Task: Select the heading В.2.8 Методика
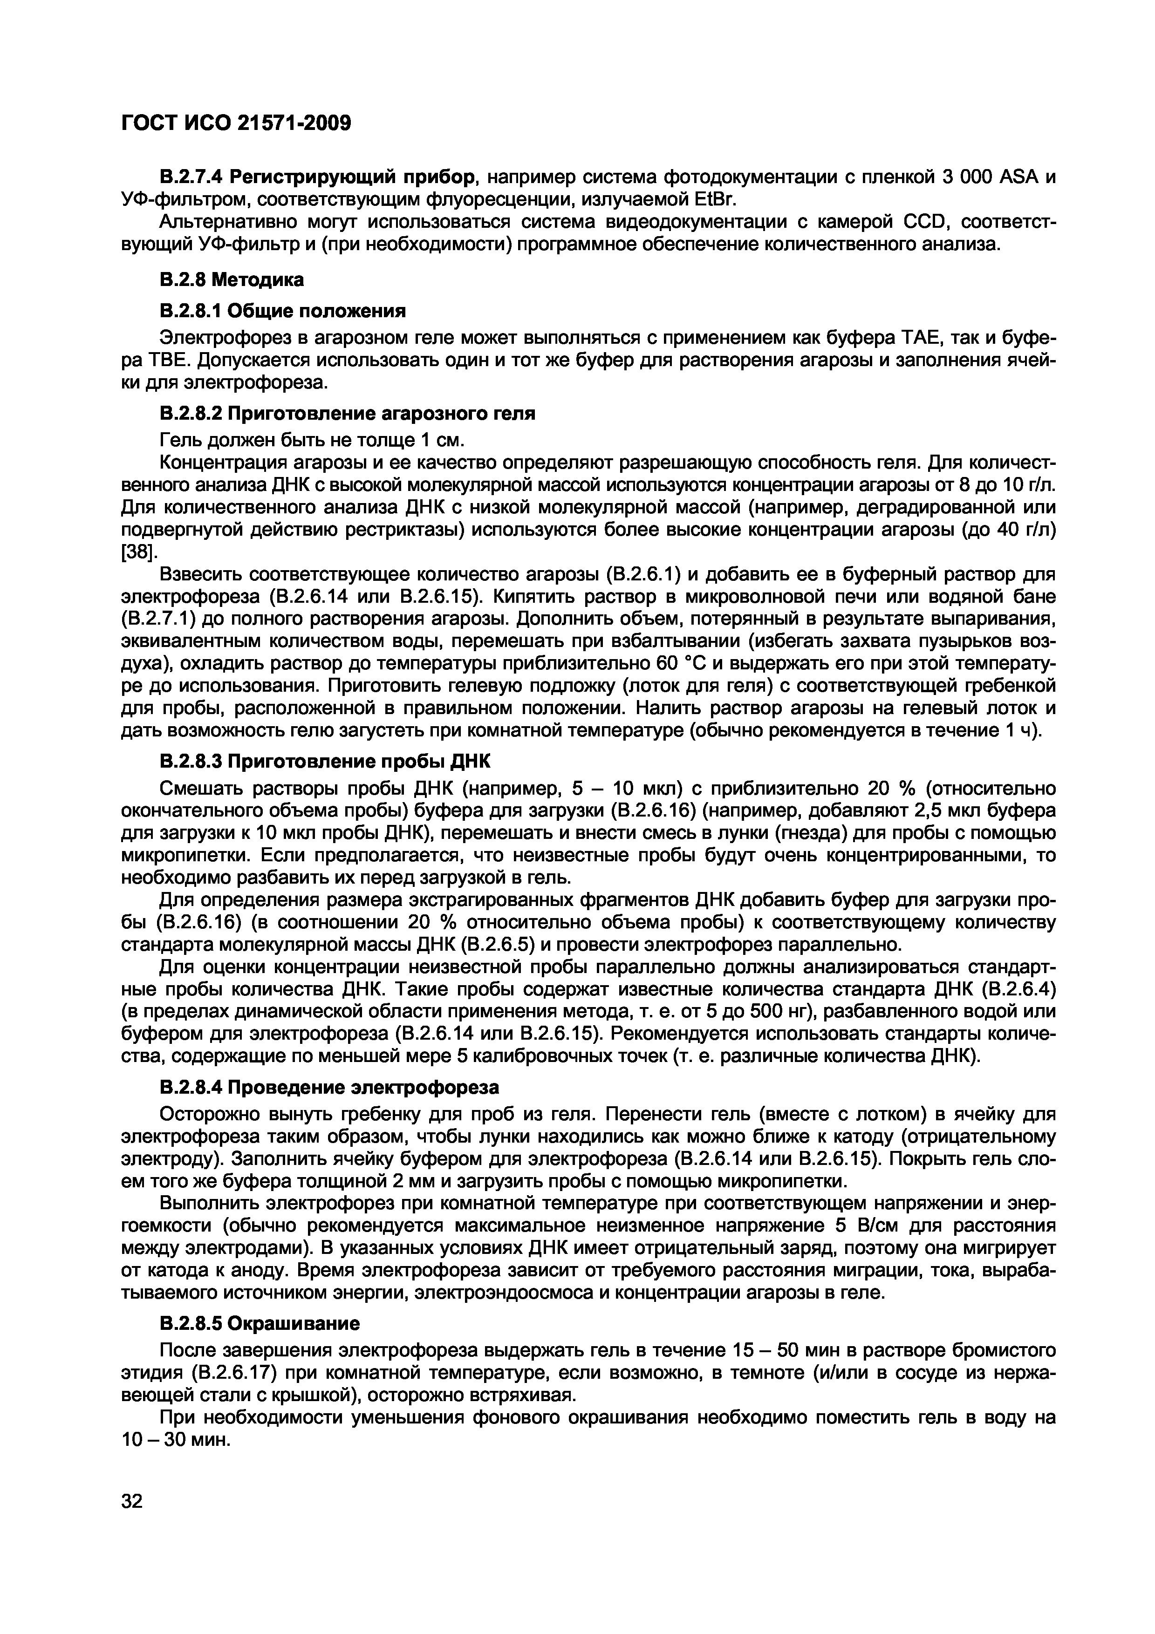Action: [232, 279]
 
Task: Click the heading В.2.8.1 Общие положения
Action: [282, 311]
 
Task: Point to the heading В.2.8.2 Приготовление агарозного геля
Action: [347, 414]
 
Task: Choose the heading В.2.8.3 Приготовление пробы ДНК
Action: [325, 762]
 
